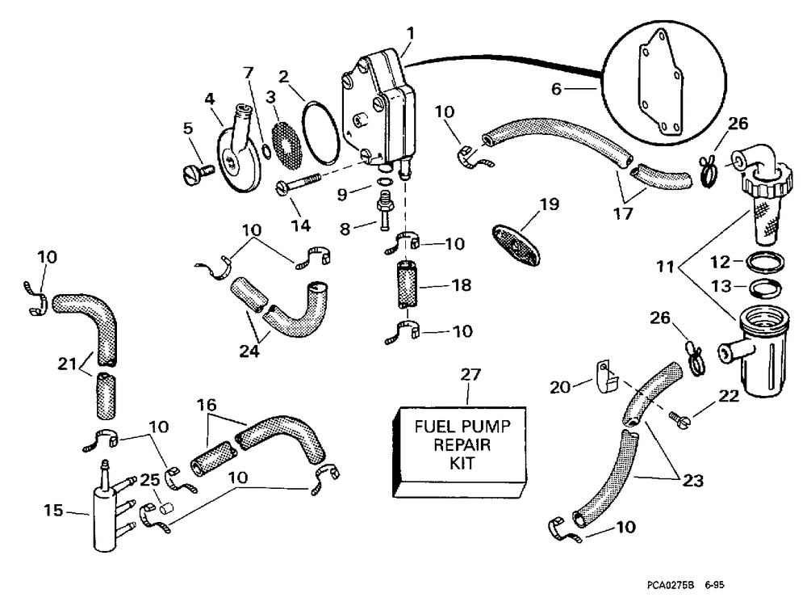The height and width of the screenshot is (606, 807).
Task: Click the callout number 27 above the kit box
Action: pyautogui.click(x=470, y=375)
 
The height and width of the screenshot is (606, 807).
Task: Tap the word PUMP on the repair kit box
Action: pyautogui.click(x=485, y=427)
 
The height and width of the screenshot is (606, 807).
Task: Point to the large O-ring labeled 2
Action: pyautogui.click(x=320, y=133)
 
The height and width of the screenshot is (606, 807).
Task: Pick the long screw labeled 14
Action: pyautogui.click(x=299, y=183)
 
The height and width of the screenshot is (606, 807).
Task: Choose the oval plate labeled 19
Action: pyautogui.click(x=516, y=245)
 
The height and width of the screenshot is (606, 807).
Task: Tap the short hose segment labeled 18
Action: pyautogui.click(x=407, y=284)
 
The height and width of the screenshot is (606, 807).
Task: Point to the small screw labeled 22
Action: pyautogui.click(x=679, y=418)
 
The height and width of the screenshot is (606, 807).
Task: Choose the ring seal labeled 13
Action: pyautogui.click(x=764, y=287)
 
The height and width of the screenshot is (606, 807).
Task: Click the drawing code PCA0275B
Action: pyautogui.click(x=671, y=585)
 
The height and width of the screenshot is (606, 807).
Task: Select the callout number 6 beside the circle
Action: pyautogui.click(x=556, y=89)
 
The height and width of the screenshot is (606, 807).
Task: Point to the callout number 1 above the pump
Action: pyautogui.click(x=410, y=33)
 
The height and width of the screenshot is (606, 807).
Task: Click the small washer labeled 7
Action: pyautogui.click(x=266, y=151)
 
